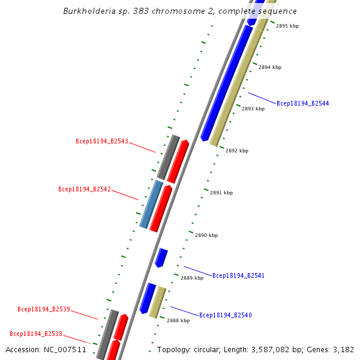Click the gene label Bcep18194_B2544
click(302, 103)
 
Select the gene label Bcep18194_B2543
click(102, 142)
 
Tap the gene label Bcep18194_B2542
click(85, 189)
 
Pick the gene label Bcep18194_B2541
click(238, 275)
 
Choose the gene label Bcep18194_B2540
click(225, 315)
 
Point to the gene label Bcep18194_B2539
click(44, 310)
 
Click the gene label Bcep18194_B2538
click(36, 334)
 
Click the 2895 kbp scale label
click(287, 26)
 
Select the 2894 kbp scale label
click(269, 68)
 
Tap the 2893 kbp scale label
click(253, 109)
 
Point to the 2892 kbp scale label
click(236, 151)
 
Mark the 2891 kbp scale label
click(221, 193)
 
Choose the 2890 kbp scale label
click(206, 236)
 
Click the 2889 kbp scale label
click(191, 278)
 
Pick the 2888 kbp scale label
click(178, 321)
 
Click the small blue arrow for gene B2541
click(161, 257)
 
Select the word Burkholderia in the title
click(88, 11)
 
